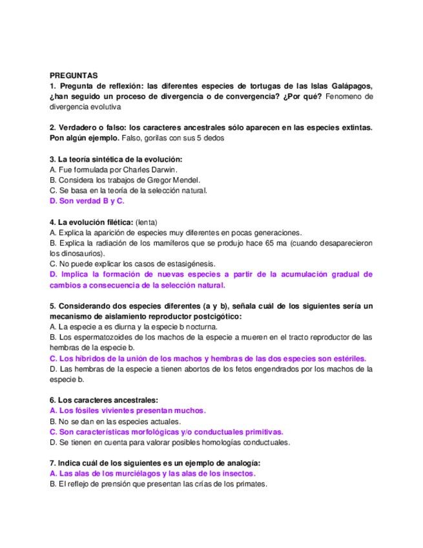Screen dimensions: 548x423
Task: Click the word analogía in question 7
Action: click(240, 463)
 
